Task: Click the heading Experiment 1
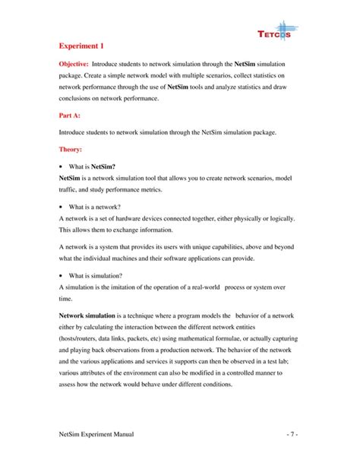(x=85, y=46)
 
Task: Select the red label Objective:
(x=77, y=66)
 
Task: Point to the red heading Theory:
(x=74, y=150)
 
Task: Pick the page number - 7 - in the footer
(x=292, y=433)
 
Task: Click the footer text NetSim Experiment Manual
(x=96, y=433)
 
